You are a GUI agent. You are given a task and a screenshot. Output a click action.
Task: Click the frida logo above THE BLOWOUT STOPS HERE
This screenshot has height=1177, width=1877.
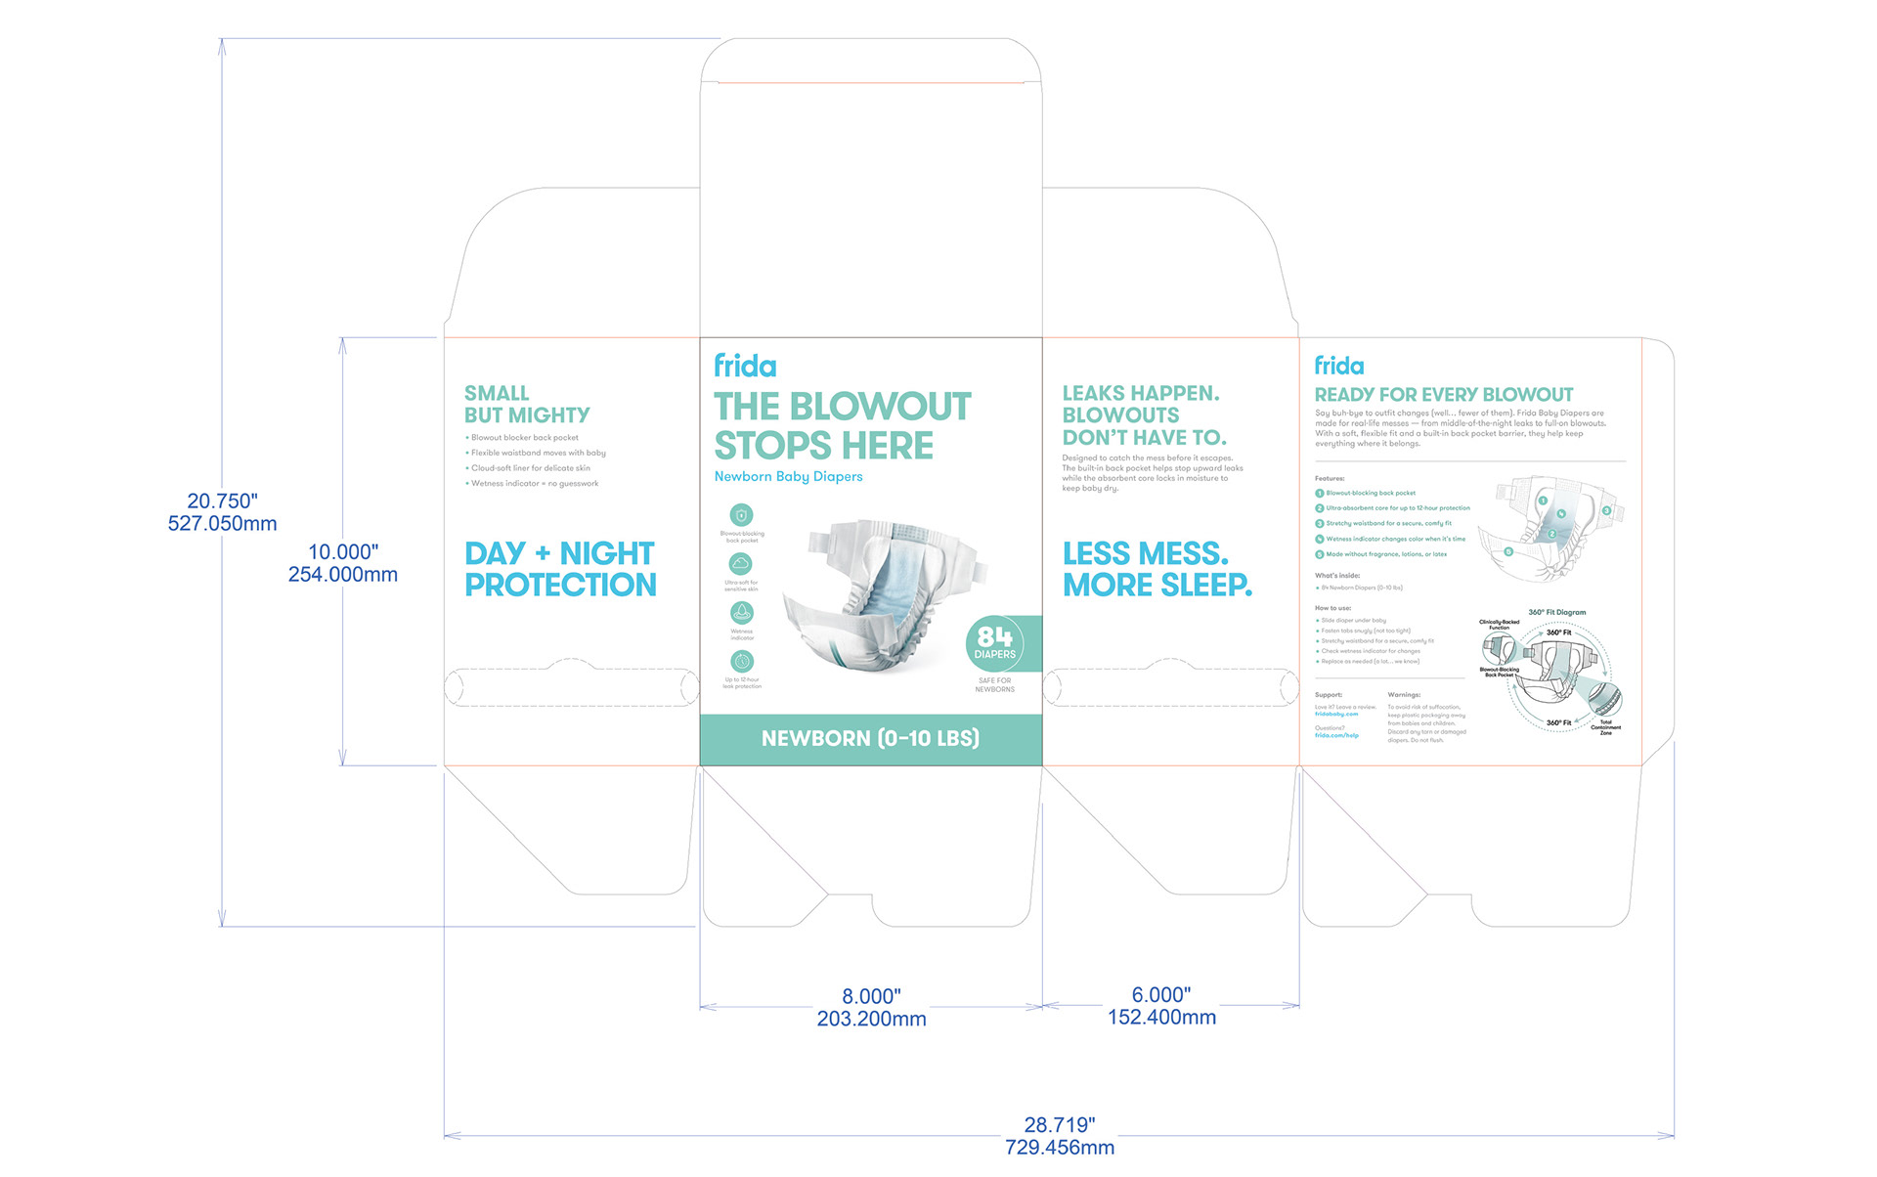tap(745, 367)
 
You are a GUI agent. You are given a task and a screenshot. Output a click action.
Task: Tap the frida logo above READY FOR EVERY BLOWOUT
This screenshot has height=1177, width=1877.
tap(1338, 367)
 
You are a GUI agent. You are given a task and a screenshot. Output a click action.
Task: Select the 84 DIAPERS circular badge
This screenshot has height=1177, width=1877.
tap(994, 643)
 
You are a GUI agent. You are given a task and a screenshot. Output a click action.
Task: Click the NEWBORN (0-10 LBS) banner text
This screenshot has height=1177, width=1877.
tap(870, 739)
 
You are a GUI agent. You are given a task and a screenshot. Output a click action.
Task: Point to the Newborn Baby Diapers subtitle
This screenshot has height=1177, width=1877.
tap(788, 477)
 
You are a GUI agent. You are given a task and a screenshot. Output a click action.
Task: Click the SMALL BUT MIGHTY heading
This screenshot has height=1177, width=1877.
tap(527, 404)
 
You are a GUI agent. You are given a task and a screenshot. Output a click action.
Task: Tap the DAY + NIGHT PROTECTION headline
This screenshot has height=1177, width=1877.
tap(560, 569)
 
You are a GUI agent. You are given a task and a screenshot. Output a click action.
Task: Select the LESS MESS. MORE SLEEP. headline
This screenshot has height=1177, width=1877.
tap(1157, 569)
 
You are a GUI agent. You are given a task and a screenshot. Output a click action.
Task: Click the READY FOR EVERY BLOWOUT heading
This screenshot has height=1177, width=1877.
tap(1443, 395)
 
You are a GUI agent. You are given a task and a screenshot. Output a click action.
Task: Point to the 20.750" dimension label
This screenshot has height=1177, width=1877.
tap(222, 501)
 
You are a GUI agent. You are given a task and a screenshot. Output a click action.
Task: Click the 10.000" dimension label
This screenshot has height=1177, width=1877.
tap(342, 552)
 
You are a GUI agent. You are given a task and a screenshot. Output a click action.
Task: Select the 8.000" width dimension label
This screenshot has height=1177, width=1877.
tap(871, 996)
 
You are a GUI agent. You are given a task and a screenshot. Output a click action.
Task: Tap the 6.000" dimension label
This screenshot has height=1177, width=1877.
tap(1161, 995)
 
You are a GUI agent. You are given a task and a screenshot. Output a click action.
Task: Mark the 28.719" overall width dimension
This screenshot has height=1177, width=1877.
tap(1060, 1125)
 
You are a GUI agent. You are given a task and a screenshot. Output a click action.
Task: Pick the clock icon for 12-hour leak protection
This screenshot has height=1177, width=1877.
tap(742, 662)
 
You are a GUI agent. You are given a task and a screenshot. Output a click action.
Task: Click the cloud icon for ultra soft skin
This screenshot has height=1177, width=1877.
tap(741, 564)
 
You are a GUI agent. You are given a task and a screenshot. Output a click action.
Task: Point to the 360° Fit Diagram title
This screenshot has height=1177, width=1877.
tap(1556, 613)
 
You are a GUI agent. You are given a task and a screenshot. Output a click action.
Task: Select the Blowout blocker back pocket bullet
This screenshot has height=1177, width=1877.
tap(524, 438)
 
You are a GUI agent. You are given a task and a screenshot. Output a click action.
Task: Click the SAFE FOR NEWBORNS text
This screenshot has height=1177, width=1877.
tap(994, 685)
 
